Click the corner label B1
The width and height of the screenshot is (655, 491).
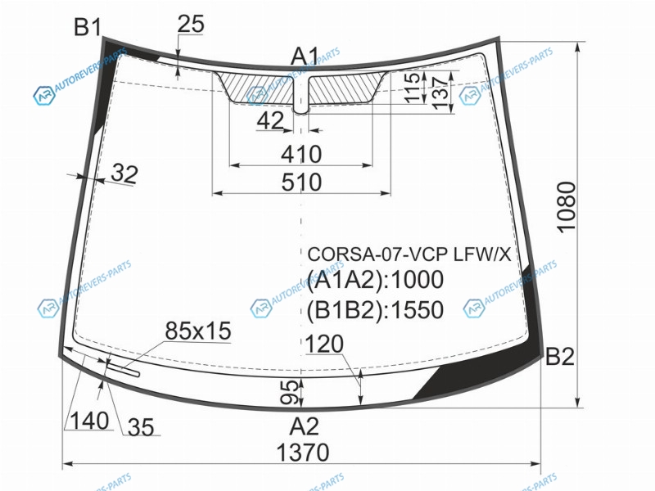click(88, 27)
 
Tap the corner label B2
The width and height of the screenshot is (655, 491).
click(560, 356)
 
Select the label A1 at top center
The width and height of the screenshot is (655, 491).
click(305, 56)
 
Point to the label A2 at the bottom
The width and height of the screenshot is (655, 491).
click(304, 426)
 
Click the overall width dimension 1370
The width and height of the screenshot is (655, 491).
click(303, 453)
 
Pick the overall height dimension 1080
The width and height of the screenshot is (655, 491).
click(567, 207)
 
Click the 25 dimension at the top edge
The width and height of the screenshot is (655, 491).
click(191, 24)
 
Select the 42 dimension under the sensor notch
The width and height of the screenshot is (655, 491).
click(270, 121)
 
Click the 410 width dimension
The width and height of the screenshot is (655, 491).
click(301, 155)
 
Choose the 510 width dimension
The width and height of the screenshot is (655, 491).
click(301, 182)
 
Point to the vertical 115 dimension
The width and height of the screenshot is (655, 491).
click(413, 88)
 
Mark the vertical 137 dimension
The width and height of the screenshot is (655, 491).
click(440, 93)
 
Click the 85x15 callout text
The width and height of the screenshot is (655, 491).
click(197, 331)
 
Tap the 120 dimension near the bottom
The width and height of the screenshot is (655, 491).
click(324, 345)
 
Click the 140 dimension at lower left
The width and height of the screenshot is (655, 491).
click(89, 421)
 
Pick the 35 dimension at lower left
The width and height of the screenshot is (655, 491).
click(141, 427)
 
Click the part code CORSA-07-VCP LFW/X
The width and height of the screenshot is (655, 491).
click(409, 254)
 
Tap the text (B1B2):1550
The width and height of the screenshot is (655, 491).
click(375, 310)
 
